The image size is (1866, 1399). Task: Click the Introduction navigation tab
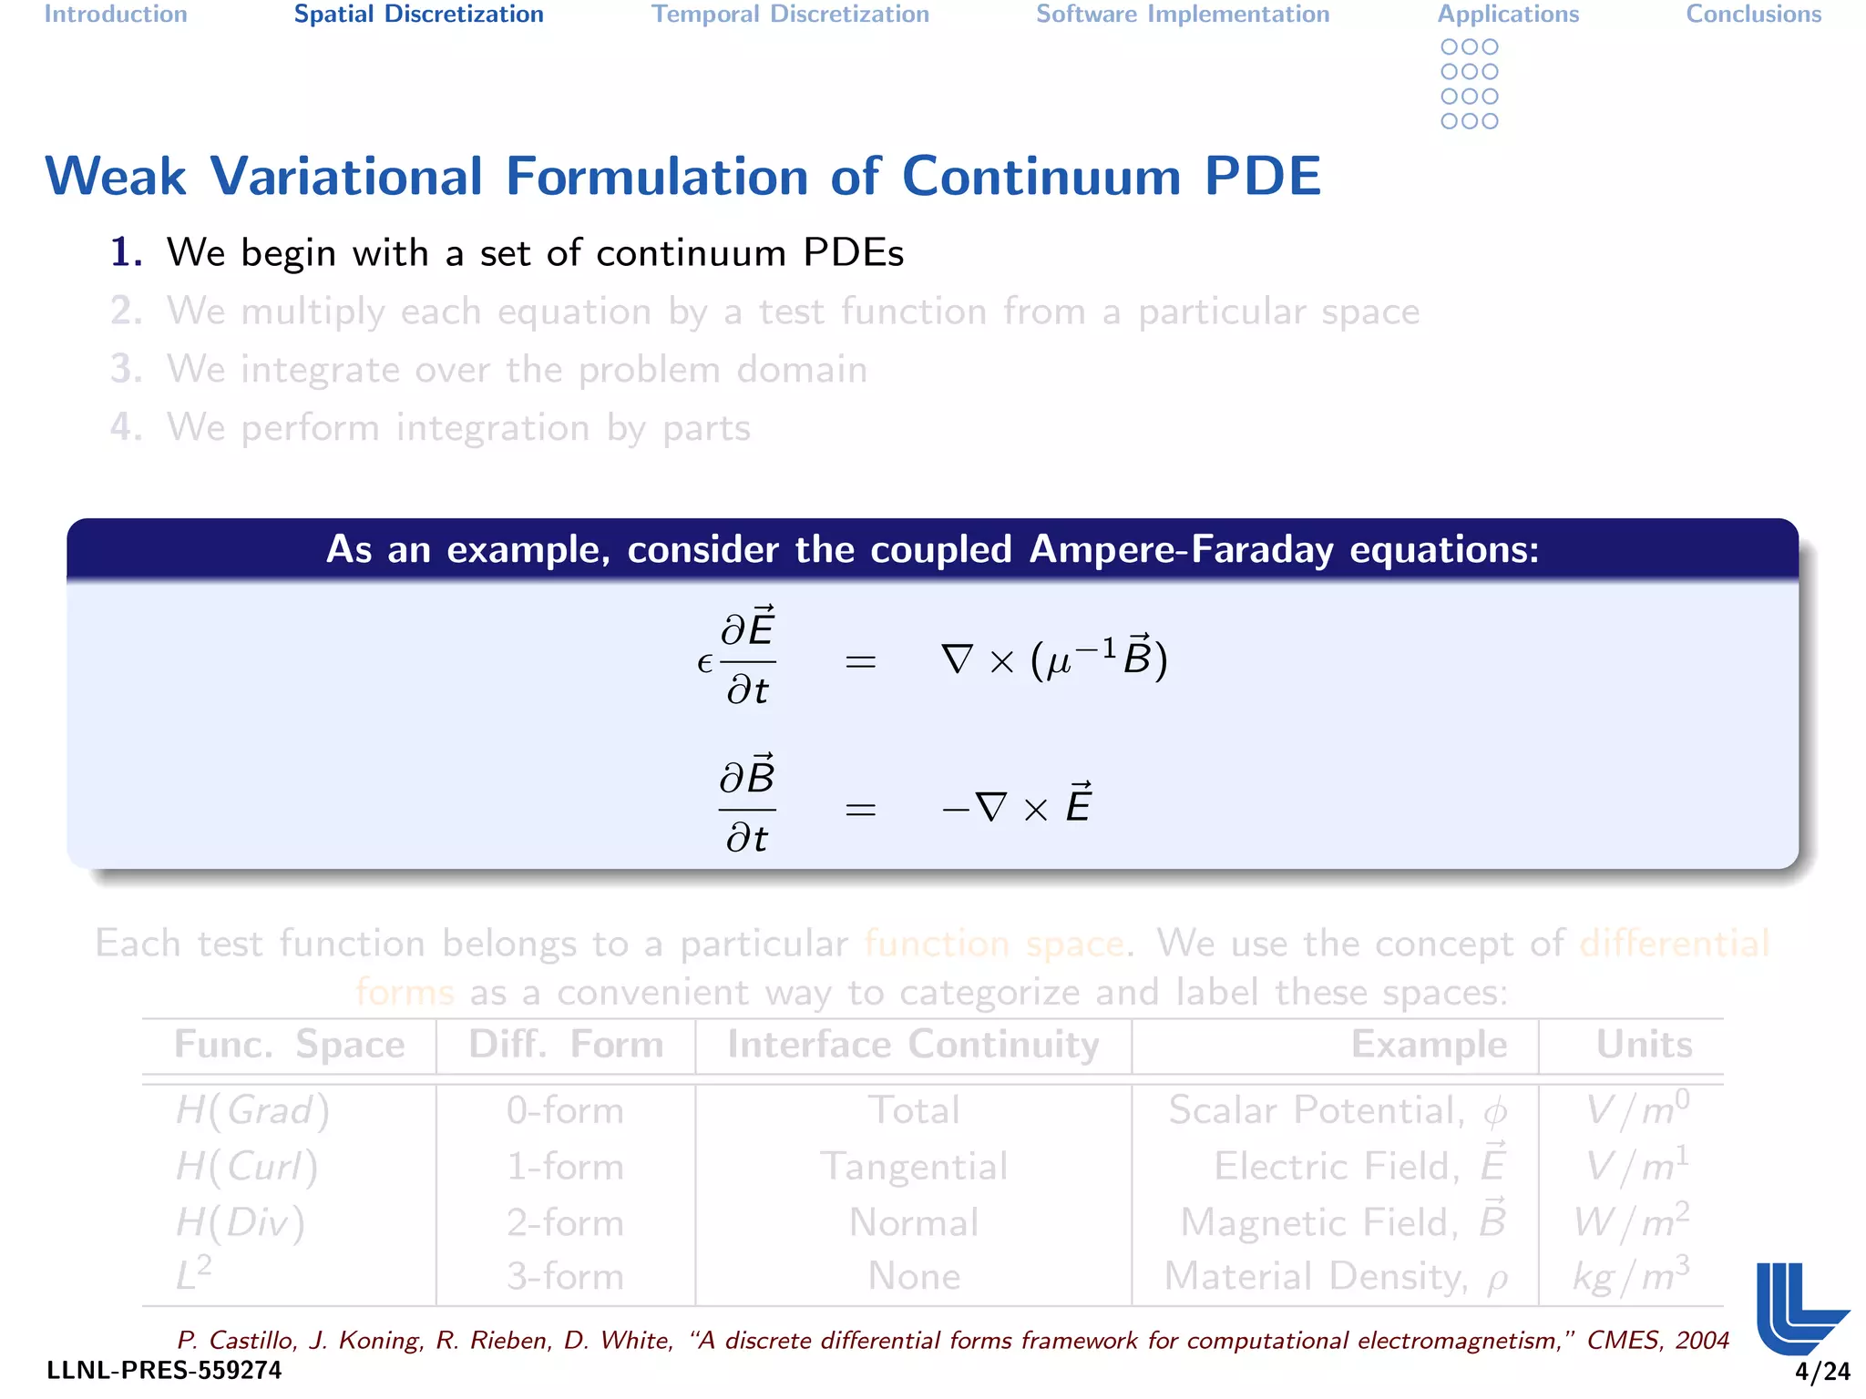[116, 15]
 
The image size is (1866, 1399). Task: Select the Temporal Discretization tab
[790, 15]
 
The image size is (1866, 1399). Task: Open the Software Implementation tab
[1183, 15]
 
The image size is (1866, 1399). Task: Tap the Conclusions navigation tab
[1753, 15]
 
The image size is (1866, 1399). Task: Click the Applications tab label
[1508, 15]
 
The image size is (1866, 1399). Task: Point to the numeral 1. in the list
[127, 252]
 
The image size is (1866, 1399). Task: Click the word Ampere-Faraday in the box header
[1181, 549]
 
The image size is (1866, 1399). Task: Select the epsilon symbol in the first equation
[704, 663]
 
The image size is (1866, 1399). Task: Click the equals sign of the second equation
[860, 809]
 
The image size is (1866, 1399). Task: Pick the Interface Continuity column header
[913, 1044]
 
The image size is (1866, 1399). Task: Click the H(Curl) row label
[247, 1167]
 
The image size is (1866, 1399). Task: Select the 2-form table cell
[565, 1222]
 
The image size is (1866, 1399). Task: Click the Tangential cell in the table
[914, 1167]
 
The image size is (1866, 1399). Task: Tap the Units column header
[1644, 1044]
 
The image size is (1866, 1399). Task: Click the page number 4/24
[1822, 1371]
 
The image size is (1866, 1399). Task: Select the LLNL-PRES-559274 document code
[165, 1371]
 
